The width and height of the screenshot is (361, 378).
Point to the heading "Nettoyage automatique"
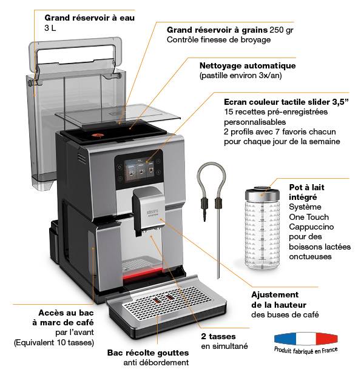click(x=247, y=65)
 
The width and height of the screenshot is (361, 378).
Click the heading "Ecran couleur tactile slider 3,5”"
click(x=285, y=102)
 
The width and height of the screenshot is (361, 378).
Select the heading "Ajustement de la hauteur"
click(x=278, y=299)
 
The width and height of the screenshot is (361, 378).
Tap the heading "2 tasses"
click(x=218, y=336)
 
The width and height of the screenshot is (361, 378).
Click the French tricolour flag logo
click(x=305, y=339)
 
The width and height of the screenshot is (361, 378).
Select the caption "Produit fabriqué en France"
click(x=306, y=350)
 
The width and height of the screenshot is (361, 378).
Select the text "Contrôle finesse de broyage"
click(x=218, y=40)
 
